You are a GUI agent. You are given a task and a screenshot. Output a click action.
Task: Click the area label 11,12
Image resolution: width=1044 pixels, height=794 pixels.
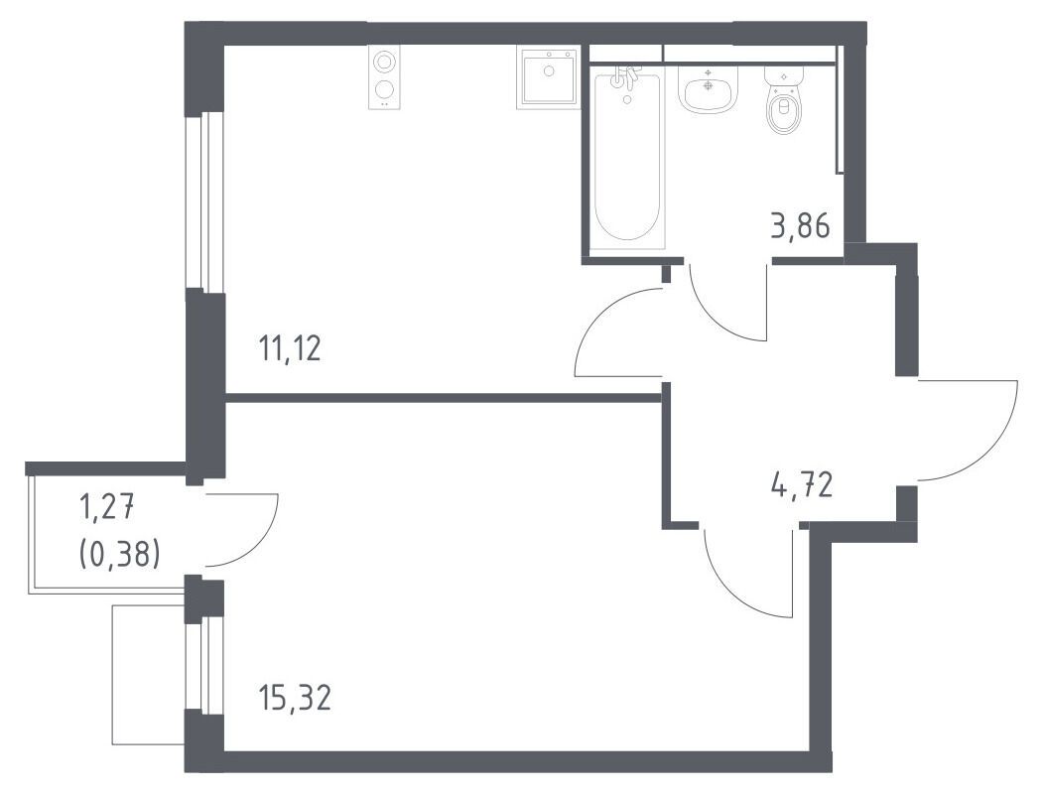(291, 348)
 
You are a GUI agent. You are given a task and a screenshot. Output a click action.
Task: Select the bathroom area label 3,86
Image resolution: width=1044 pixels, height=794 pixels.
(800, 226)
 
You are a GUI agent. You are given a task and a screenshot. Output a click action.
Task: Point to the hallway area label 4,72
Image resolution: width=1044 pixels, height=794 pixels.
(802, 485)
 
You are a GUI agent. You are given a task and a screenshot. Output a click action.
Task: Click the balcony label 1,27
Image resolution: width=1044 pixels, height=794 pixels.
(107, 511)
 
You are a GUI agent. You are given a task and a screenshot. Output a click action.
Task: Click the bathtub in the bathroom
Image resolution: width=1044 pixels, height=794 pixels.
(626, 158)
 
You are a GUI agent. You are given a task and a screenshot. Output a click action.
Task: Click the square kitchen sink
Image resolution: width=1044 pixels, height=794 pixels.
(547, 78)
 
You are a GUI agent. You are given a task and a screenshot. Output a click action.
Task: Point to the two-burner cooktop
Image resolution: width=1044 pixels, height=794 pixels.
(383, 78)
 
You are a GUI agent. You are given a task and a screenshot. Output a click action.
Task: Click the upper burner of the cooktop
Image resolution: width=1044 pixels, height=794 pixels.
(383, 62)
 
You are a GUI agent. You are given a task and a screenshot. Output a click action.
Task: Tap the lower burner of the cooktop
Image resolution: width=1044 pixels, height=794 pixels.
(383, 88)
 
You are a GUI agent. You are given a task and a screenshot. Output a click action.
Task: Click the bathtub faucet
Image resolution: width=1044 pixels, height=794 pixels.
(624, 78)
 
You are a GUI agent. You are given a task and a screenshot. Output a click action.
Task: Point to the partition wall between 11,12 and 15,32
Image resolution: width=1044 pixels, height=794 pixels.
(444, 398)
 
